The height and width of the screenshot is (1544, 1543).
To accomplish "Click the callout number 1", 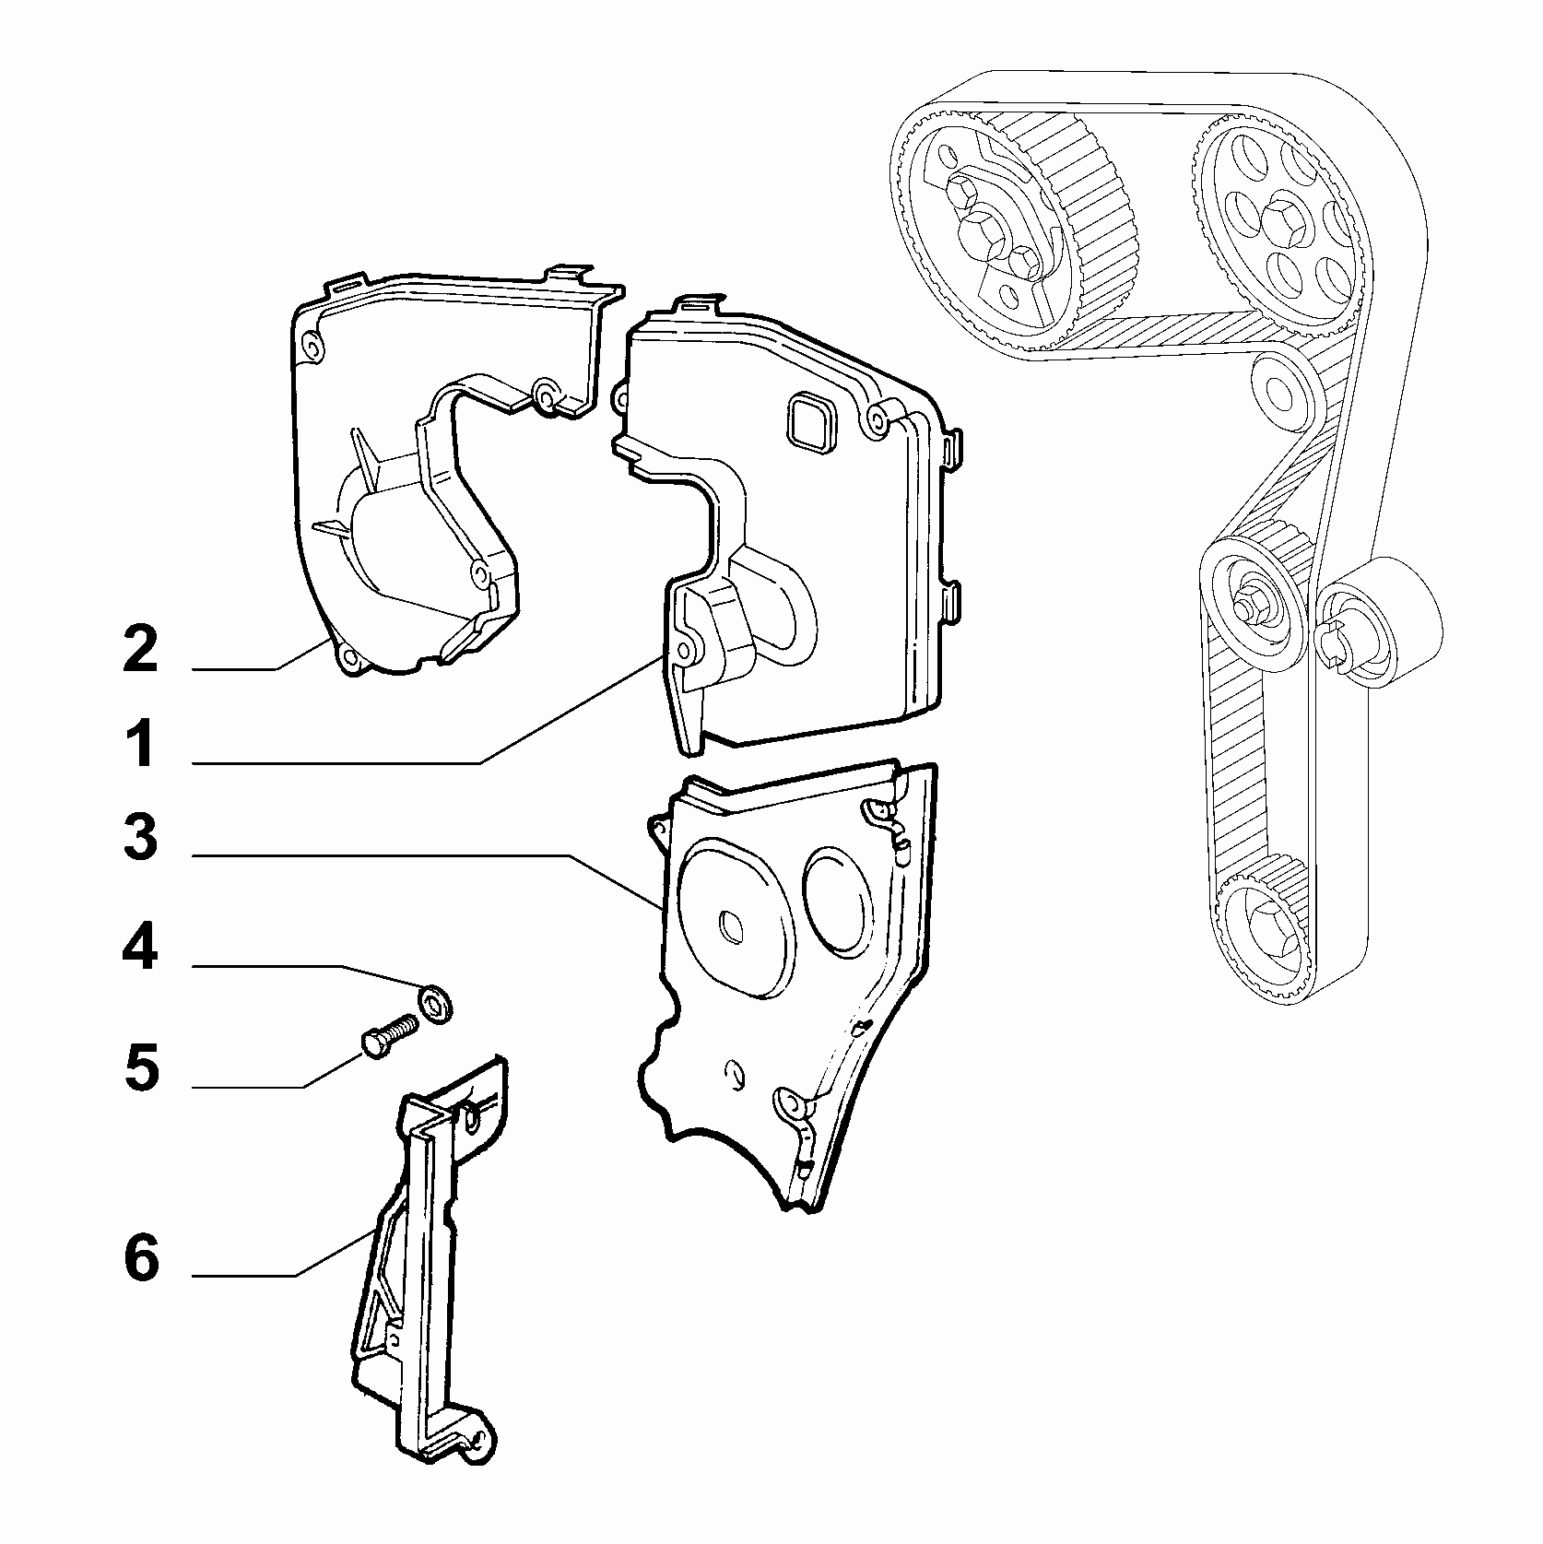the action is point(140,745).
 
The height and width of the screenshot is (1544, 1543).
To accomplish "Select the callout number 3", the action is point(141,837).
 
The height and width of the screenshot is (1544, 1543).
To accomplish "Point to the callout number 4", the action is point(141,949).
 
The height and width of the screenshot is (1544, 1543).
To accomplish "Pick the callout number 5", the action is point(141,1067).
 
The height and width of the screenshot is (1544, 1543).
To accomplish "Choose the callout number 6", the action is point(141,1258).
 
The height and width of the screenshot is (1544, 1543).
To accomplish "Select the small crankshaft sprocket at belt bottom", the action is point(1267,932).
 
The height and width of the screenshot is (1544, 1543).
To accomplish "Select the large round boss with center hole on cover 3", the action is point(733,917).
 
